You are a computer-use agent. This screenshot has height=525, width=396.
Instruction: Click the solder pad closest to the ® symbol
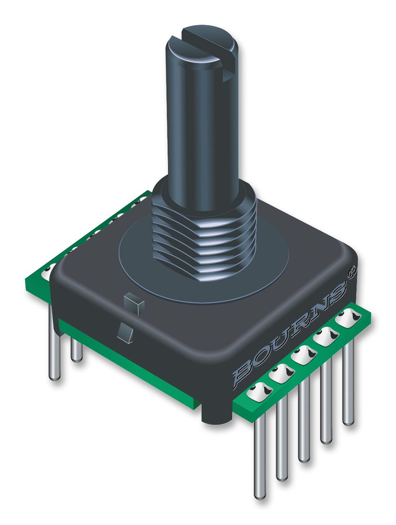pos(349,320)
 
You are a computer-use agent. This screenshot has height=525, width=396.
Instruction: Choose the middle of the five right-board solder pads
pos(302,356)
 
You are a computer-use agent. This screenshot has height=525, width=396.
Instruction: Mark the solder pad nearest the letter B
pos(259,392)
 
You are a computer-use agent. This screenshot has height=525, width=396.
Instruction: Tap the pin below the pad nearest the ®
pos(348,377)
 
